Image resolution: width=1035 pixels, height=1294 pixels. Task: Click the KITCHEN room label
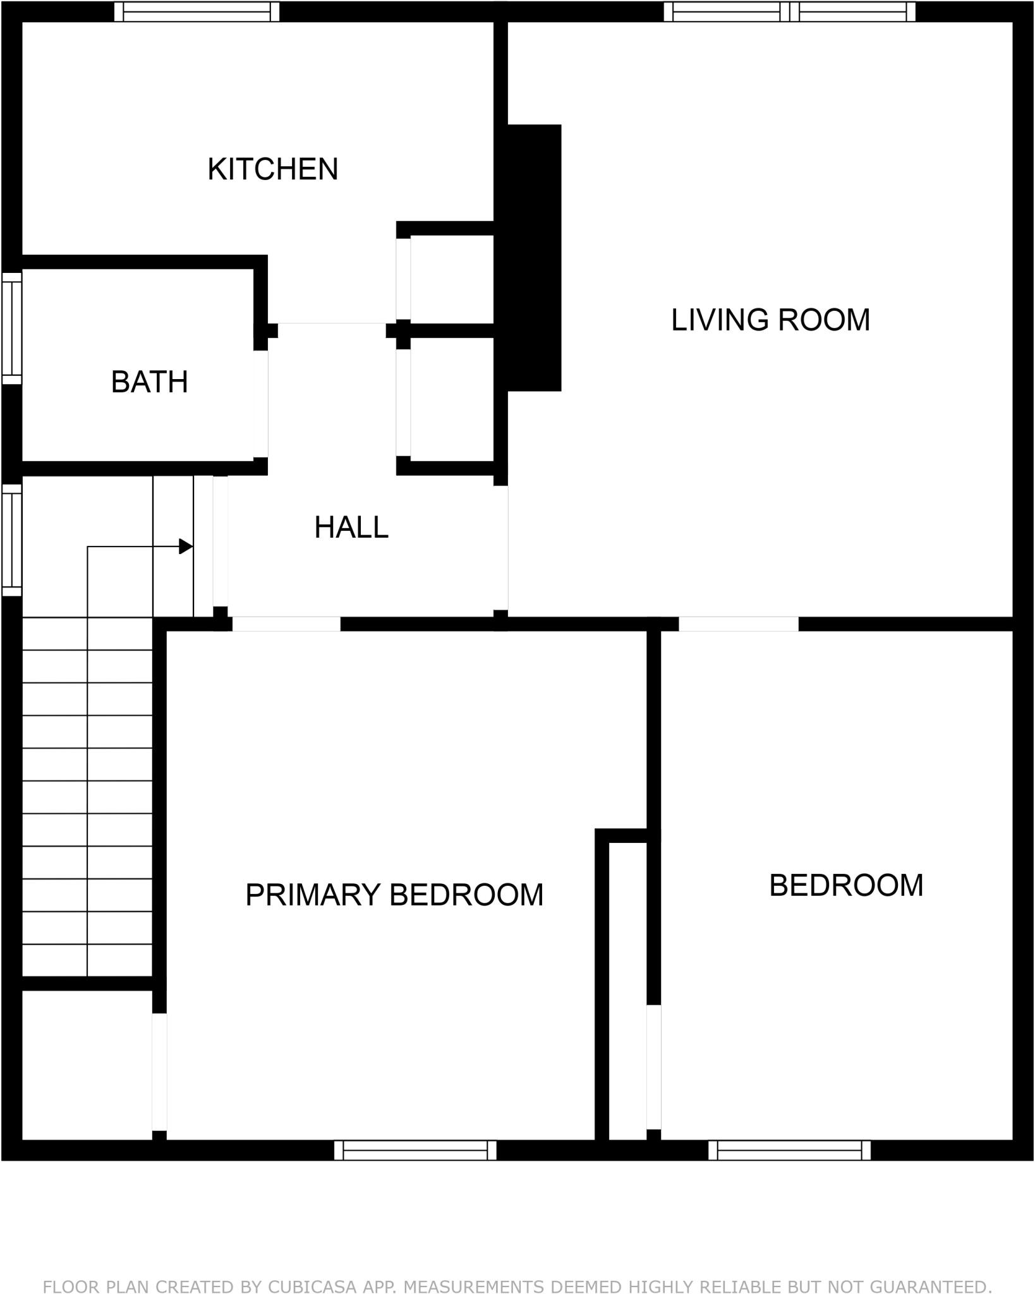(273, 169)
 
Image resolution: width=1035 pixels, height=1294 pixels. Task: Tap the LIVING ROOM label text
(770, 320)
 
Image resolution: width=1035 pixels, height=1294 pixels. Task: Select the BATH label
(150, 382)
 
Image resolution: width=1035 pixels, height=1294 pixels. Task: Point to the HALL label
(351, 528)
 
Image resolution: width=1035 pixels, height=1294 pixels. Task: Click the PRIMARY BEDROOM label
(394, 895)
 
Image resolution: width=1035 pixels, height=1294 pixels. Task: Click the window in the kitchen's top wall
(197, 11)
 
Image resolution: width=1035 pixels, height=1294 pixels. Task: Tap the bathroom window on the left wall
(11, 328)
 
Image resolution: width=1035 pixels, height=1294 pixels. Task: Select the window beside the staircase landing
(11, 540)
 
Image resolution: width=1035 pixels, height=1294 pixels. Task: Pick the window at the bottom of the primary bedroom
(415, 1150)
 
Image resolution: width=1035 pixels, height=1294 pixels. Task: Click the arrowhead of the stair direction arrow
(186, 547)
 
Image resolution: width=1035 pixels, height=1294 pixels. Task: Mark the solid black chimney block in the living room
(534, 257)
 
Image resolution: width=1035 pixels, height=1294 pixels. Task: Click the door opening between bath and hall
(260, 404)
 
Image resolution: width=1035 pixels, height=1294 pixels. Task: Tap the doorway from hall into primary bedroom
(286, 624)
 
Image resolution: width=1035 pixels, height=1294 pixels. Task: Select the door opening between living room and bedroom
(738, 624)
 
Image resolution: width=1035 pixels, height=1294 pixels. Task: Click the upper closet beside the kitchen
(451, 279)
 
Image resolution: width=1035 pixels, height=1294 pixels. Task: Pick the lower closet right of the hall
(451, 402)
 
